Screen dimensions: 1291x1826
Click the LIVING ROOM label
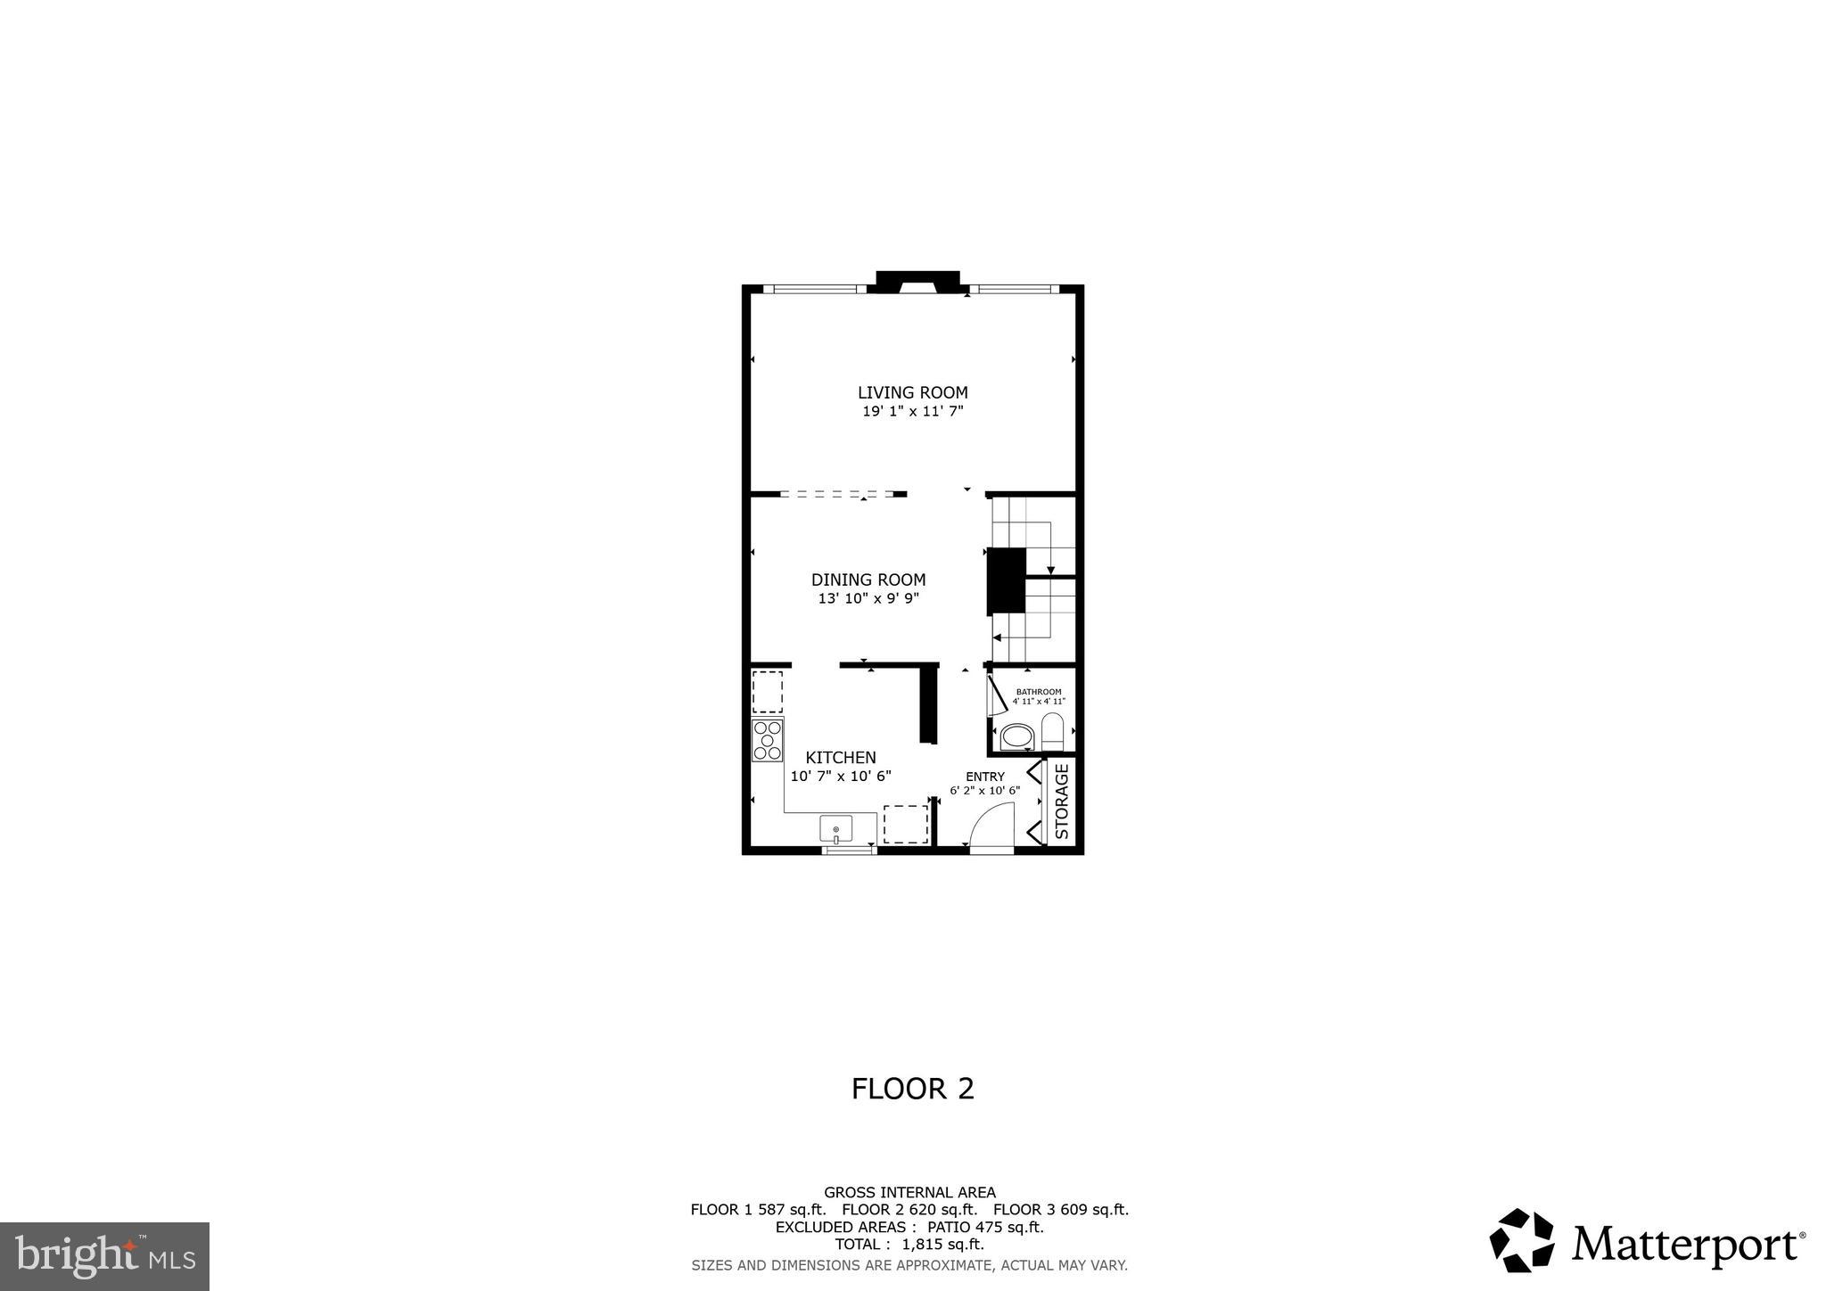(912, 392)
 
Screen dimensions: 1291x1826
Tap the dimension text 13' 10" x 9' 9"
(868, 599)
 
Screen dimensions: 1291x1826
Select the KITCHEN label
(840, 758)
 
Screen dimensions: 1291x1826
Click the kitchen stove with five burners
(767, 740)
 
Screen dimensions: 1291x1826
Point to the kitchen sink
(835, 829)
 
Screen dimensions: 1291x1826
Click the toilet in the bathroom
(1053, 731)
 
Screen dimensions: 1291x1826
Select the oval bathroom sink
(1016, 736)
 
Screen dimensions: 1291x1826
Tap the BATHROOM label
(1039, 692)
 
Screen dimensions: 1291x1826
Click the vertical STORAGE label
(1062, 801)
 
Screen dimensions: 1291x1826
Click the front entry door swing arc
(991, 825)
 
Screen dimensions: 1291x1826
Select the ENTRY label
(984, 777)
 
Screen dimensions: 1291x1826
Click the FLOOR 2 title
(912, 1089)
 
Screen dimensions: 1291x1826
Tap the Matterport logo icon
(1521, 1240)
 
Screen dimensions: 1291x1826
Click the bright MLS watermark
(104, 1256)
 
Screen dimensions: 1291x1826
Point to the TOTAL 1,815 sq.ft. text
(909, 1245)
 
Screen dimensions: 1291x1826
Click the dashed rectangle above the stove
(767, 691)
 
